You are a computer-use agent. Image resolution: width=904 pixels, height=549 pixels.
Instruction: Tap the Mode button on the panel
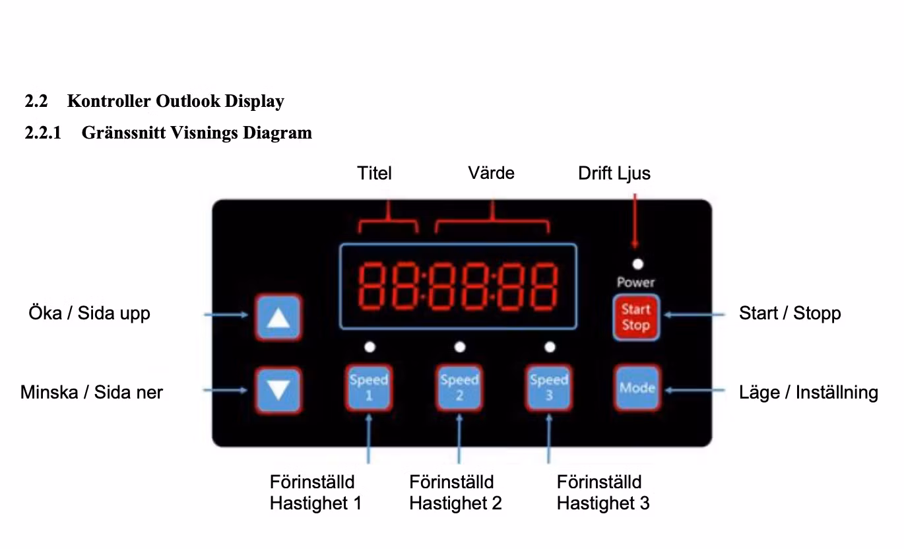click(637, 388)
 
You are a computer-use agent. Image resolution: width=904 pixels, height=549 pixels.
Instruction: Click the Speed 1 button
click(368, 388)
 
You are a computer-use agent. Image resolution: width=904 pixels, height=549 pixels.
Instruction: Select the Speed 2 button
click(459, 388)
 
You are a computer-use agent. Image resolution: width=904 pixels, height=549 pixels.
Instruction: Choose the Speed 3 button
click(549, 388)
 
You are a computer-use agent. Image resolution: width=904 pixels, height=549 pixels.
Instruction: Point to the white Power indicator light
click(637, 265)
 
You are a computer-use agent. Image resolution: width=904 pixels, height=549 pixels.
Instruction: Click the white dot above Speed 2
click(460, 346)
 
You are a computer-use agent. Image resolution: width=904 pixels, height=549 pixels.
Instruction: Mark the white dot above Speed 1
click(370, 346)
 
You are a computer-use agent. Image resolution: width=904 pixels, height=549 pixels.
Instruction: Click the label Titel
click(374, 173)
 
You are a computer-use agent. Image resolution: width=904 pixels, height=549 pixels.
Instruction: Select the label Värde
click(491, 173)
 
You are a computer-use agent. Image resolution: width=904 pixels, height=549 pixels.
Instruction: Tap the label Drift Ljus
click(614, 173)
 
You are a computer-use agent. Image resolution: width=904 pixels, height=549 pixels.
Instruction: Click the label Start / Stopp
click(790, 313)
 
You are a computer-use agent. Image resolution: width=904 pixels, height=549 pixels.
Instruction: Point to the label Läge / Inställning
click(808, 393)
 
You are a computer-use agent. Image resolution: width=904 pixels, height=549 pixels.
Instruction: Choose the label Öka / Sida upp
click(89, 313)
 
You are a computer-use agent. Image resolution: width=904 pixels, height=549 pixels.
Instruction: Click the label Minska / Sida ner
click(91, 393)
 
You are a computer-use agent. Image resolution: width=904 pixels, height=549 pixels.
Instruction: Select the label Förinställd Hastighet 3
click(602, 492)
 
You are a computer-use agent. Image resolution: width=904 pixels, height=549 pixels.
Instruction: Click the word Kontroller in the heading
click(109, 101)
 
